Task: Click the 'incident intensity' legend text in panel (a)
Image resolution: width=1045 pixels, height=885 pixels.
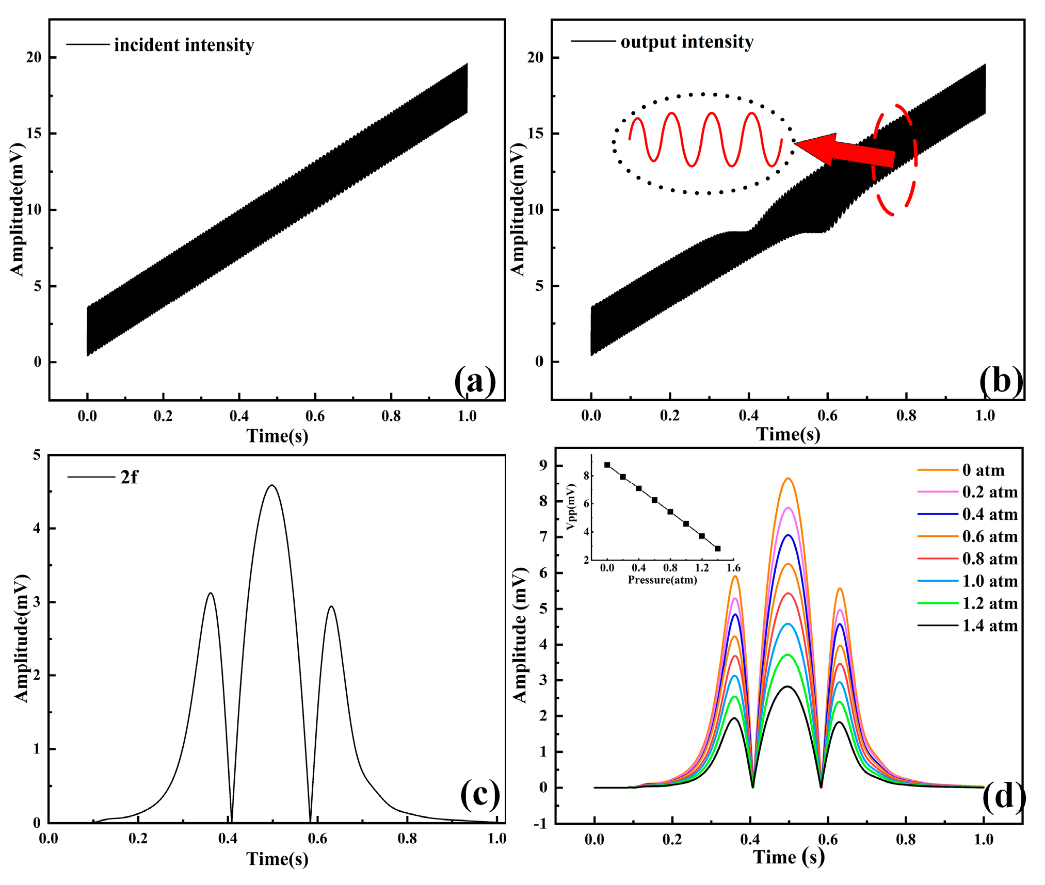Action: coord(184,45)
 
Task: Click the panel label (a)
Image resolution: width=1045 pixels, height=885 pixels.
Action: coord(475,381)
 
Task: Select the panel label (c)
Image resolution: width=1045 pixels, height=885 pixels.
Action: coord(480,794)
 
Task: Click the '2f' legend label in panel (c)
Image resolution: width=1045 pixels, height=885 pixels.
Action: coord(129,478)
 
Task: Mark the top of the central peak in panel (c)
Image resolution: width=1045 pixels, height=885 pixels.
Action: coord(272,485)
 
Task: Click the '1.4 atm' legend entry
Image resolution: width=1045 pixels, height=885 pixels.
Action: coord(990,626)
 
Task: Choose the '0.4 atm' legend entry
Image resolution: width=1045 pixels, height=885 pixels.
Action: coord(990,514)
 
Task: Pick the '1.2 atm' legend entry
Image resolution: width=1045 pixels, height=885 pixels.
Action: coord(990,603)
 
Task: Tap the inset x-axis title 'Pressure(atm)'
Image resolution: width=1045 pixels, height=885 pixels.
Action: coord(662,580)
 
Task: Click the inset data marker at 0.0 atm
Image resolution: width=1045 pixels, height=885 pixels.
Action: coord(607,465)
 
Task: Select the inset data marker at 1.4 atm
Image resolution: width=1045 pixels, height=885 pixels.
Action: coord(718,549)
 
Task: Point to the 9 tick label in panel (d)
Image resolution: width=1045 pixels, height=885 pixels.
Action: coord(543,466)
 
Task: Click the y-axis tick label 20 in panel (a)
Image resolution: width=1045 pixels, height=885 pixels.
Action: coord(34,57)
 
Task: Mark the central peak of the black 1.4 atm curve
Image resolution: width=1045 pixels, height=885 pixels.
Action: coord(787,686)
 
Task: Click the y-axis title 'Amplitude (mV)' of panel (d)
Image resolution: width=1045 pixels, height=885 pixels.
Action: coord(520,635)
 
